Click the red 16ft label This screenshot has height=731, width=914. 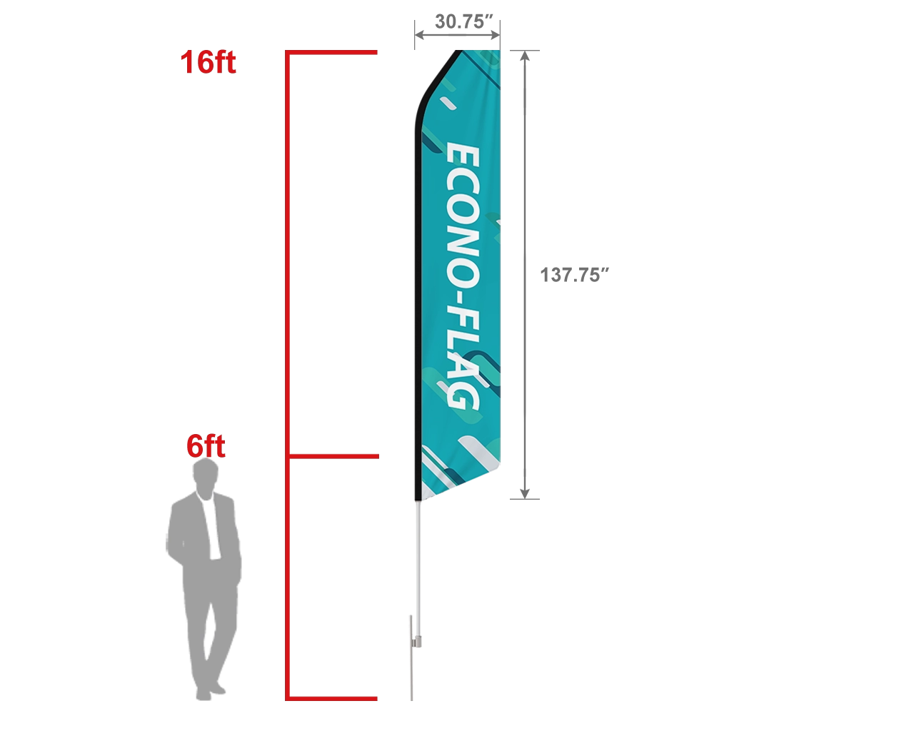tap(208, 63)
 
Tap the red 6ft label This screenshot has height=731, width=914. tap(206, 447)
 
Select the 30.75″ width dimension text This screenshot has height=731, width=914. tap(465, 21)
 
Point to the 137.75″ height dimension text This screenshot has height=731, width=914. tap(573, 275)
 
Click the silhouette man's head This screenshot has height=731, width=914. tap(206, 474)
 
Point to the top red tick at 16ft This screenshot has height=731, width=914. tap(332, 53)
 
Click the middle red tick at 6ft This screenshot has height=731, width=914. tap(332, 455)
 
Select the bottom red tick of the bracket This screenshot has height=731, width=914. tap(332, 697)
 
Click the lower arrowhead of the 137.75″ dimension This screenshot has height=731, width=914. tap(525, 493)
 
